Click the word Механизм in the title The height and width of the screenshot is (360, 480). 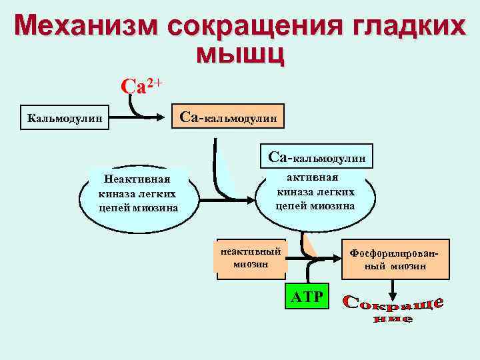point(86,27)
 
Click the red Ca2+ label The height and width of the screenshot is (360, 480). point(141,87)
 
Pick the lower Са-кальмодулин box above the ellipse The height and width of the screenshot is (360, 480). point(316,157)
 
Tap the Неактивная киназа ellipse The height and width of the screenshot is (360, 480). point(138,193)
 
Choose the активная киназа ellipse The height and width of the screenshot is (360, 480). point(315,192)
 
